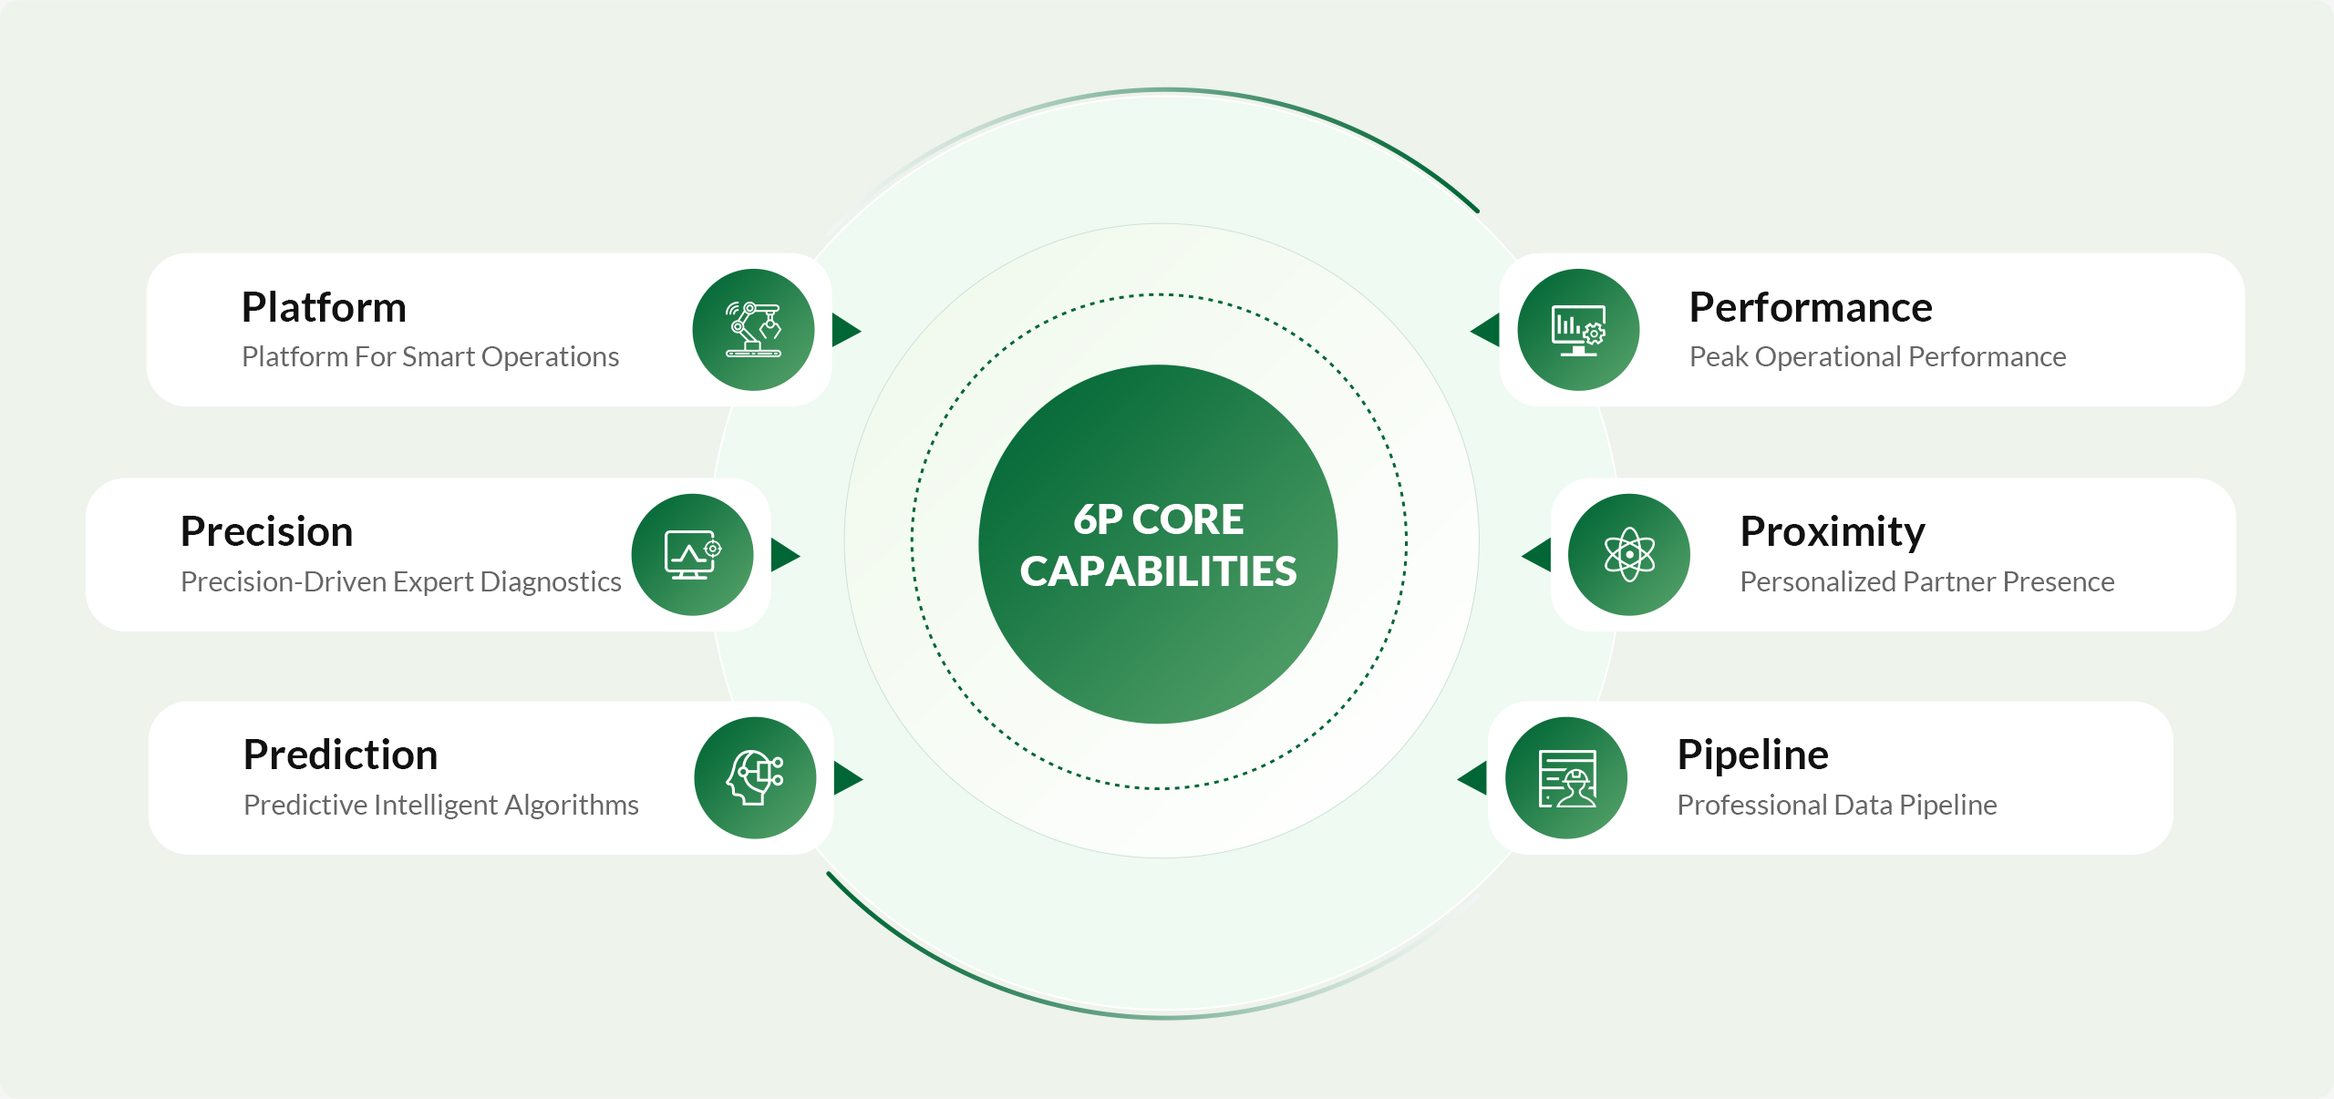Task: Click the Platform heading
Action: coord(324,308)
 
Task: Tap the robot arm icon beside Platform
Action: coord(753,330)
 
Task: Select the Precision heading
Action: coord(266,532)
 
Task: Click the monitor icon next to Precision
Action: coord(692,555)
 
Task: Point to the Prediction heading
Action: coord(340,755)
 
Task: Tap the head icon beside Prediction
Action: coord(755,778)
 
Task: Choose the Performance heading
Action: coord(1810,308)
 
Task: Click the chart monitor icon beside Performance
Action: coord(1578,330)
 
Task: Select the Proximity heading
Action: coord(1832,532)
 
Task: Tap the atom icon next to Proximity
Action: coord(1629,555)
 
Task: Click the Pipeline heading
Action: coord(1752,755)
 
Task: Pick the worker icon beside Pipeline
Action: coord(1566,778)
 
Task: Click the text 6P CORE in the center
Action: coord(1158,520)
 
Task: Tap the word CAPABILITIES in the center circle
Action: coord(1158,572)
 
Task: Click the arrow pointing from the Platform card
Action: coord(846,330)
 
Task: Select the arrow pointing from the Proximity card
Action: coord(1537,555)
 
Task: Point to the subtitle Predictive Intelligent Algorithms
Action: coord(440,806)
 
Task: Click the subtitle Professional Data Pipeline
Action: coord(1836,806)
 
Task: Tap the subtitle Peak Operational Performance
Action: coord(1877,357)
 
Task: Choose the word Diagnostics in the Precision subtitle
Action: coord(550,582)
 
